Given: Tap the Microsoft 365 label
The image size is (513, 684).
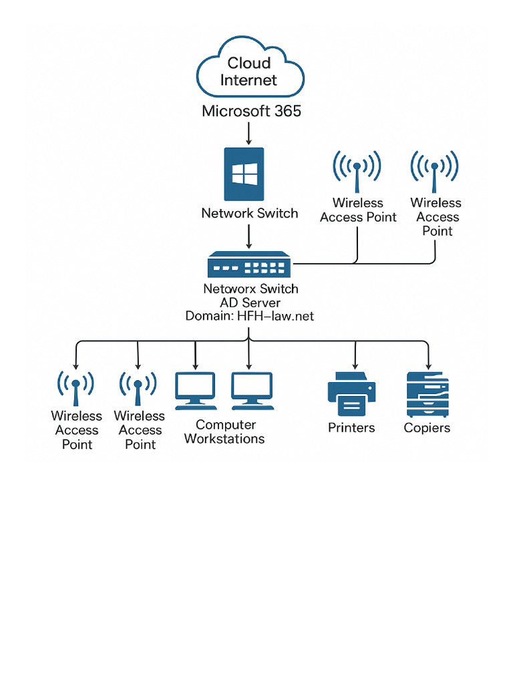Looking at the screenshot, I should pyautogui.click(x=251, y=111).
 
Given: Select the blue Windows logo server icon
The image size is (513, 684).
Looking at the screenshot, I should pyautogui.click(x=244, y=174).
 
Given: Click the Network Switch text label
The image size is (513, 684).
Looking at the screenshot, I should pyautogui.click(x=249, y=213).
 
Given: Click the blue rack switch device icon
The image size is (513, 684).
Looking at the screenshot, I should pyautogui.click(x=249, y=265).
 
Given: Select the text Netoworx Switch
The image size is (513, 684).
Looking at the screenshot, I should pyautogui.click(x=250, y=289).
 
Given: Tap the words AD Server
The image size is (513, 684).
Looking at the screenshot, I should pyautogui.click(x=250, y=303).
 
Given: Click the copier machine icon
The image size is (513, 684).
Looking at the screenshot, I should pyautogui.click(x=427, y=395).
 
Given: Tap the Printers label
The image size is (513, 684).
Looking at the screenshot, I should pyautogui.click(x=351, y=427).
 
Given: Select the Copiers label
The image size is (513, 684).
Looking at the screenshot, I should pyautogui.click(x=427, y=427).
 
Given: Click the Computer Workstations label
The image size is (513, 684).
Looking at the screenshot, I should pyautogui.click(x=224, y=432).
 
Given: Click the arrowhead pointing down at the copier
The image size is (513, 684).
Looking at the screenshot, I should pyautogui.click(x=427, y=365).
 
